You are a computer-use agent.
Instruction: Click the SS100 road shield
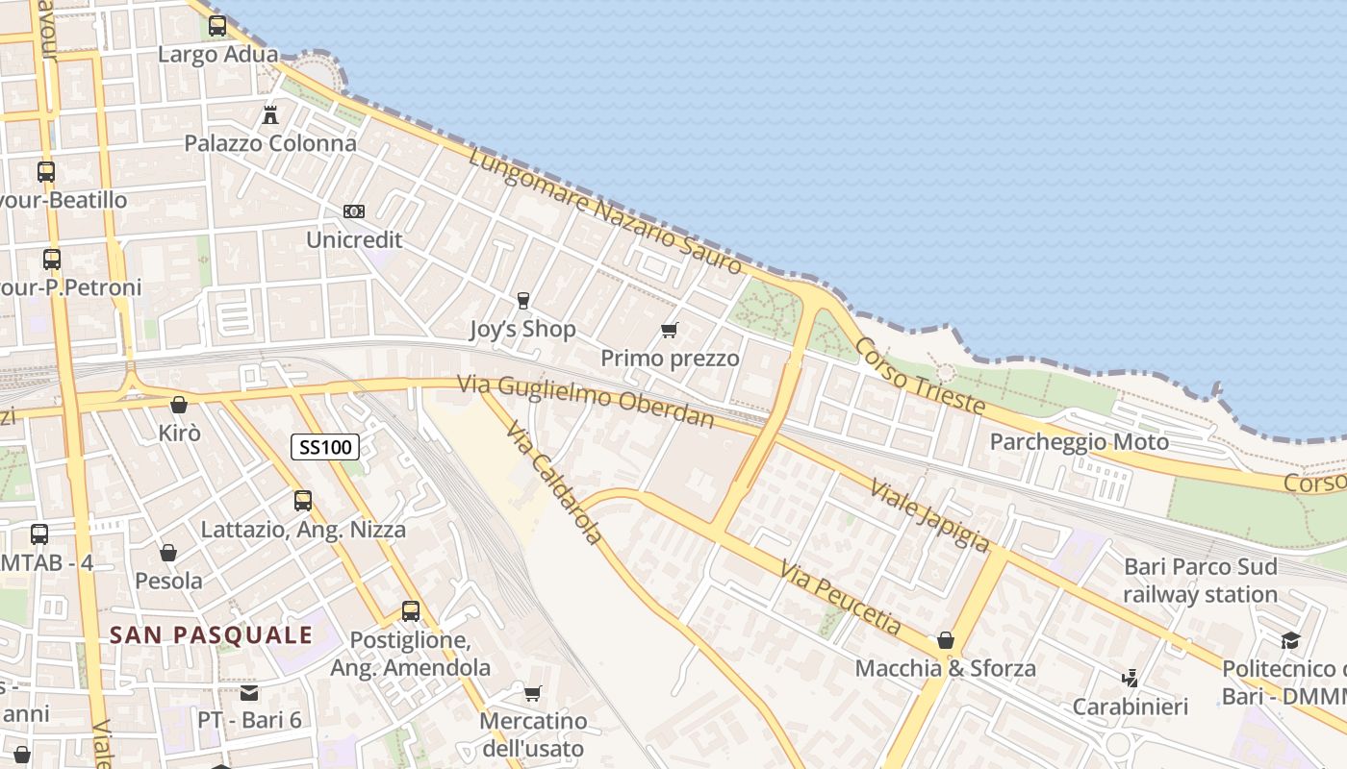pos(325,446)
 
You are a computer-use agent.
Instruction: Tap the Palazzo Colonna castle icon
pos(270,115)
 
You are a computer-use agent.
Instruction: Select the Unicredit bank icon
pos(354,211)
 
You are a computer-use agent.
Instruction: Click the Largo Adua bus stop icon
pos(217,26)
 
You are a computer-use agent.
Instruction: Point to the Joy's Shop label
pos(522,329)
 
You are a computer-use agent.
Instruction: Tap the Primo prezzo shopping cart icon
pos(670,330)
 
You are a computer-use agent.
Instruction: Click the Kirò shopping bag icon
pos(178,405)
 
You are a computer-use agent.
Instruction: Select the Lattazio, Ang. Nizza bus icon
pos(303,501)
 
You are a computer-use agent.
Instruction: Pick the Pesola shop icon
pos(168,553)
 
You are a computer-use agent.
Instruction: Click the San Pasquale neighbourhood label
pos(212,634)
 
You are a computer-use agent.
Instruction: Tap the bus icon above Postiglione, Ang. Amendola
pos(411,610)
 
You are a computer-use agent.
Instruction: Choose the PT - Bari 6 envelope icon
pos(249,692)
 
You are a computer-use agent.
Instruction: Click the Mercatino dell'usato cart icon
pos(532,693)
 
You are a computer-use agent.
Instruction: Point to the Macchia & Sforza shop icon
pos(946,640)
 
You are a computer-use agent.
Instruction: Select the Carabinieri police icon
pos(1131,679)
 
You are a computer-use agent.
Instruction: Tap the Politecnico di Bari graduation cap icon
pos(1289,640)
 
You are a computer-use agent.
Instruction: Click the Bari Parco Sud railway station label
pos(1201,580)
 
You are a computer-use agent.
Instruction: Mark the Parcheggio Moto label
pos(1080,442)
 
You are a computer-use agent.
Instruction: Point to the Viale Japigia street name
pos(929,514)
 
